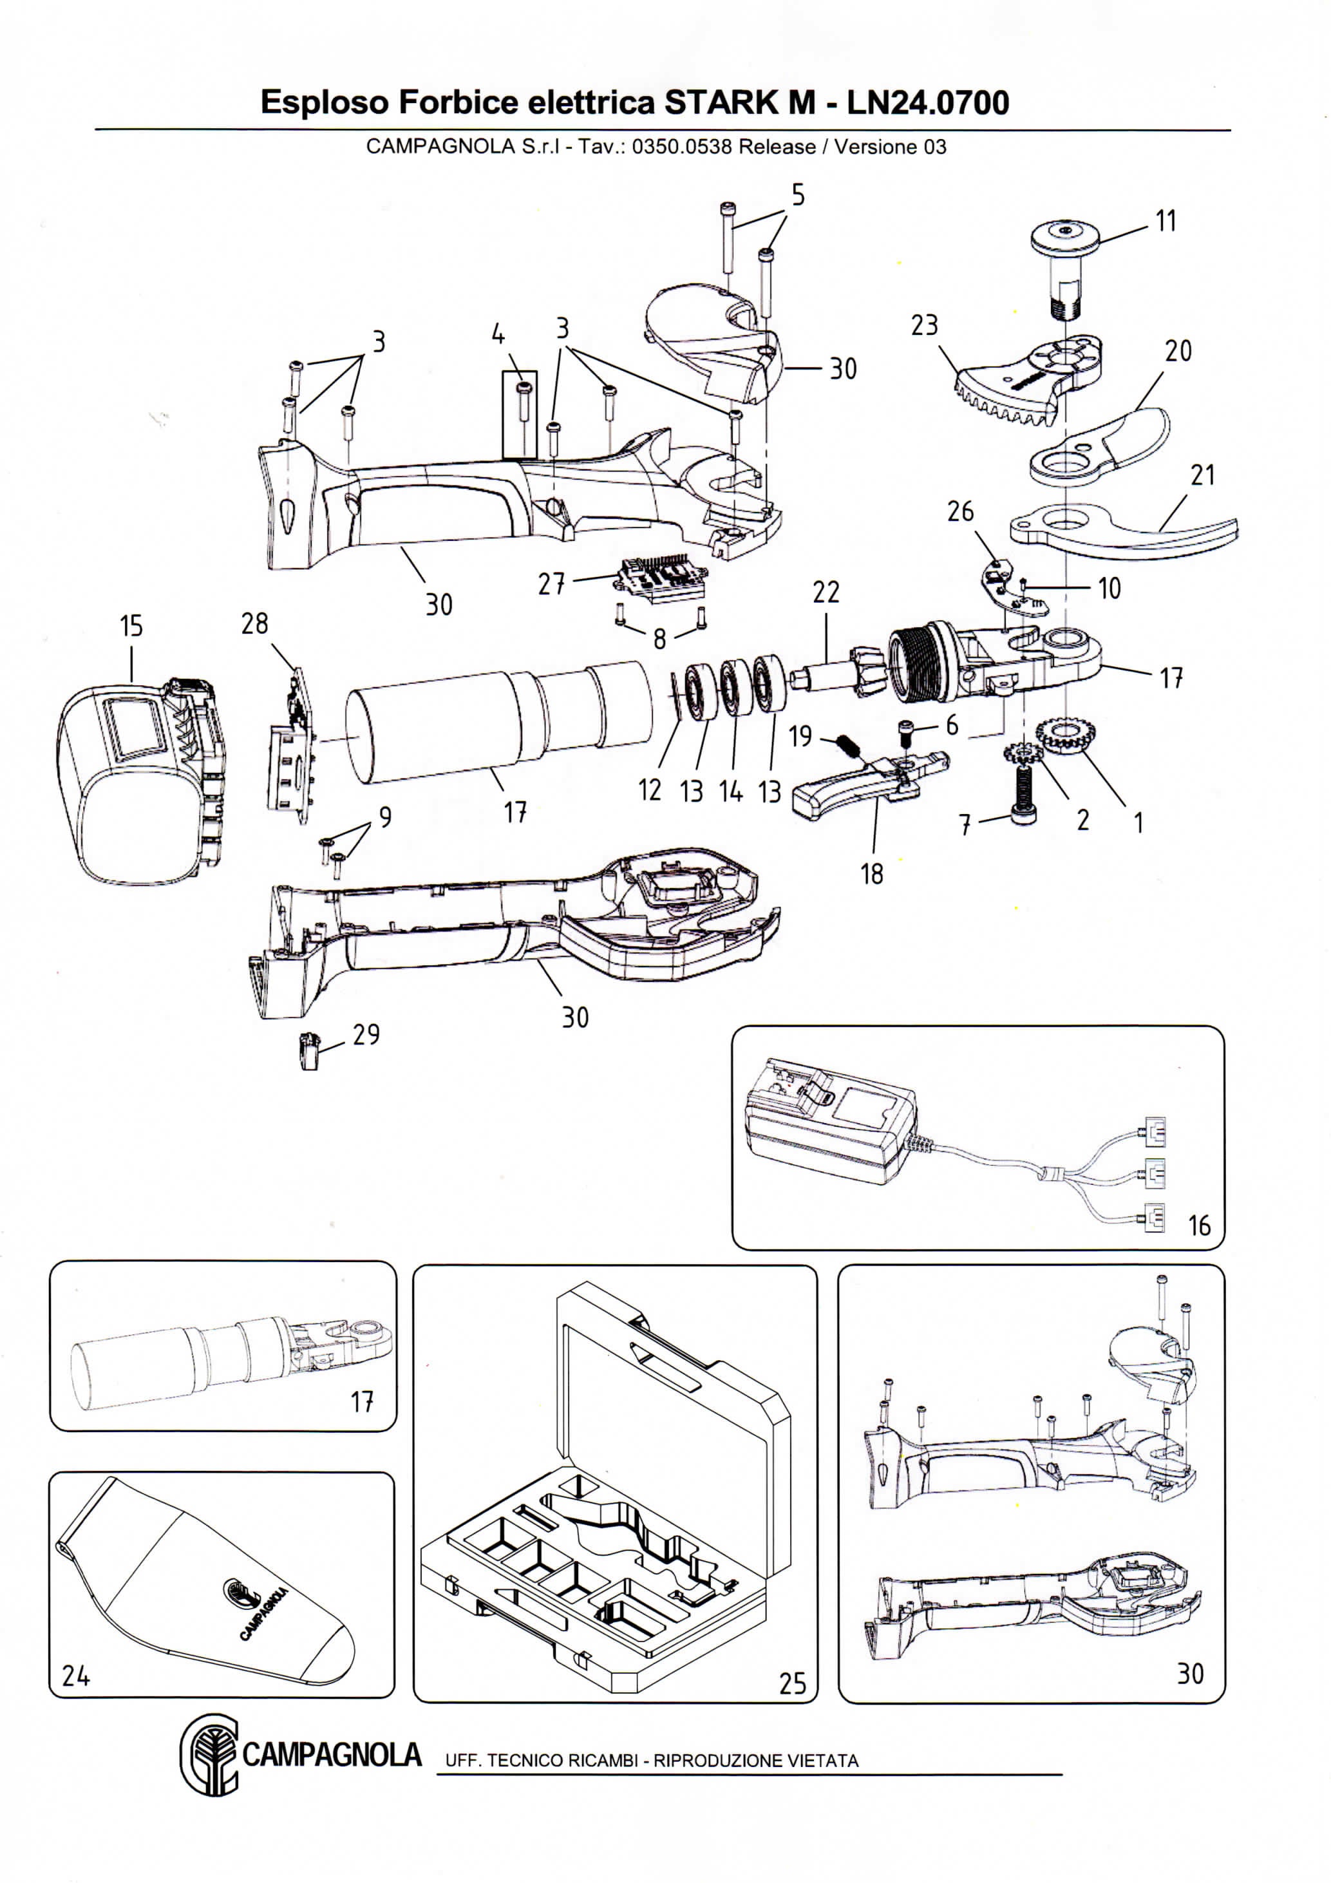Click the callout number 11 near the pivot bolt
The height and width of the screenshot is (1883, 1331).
click(1166, 221)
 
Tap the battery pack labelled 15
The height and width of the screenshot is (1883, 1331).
click(140, 779)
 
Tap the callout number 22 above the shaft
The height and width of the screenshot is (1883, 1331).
click(826, 592)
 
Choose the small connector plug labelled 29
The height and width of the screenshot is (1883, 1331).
click(308, 1052)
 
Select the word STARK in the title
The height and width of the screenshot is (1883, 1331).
click(739, 102)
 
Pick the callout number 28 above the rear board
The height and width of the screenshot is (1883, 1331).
click(254, 623)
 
